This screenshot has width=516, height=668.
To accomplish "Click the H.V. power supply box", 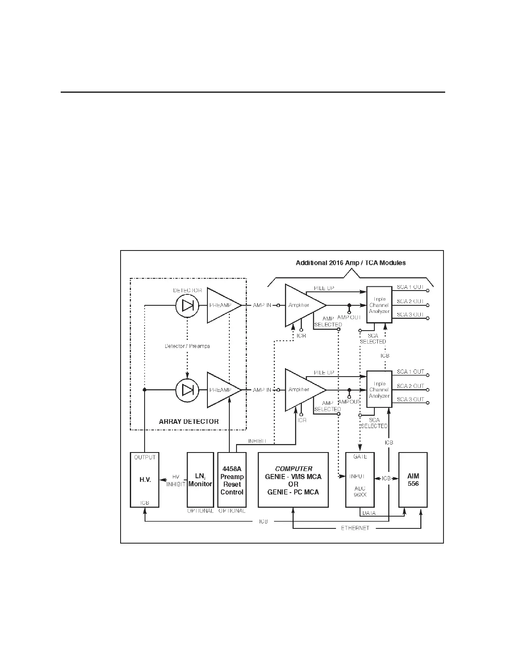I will (145, 480).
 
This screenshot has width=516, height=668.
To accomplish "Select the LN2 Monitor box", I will (200, 480).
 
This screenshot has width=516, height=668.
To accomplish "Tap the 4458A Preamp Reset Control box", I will (232, 480).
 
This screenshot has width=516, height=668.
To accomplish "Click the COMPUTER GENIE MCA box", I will (293, 480).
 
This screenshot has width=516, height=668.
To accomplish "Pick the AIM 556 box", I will (413, 480).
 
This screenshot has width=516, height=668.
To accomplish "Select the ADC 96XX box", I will (360, 480).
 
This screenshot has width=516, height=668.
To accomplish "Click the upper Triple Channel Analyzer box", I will (379, 305).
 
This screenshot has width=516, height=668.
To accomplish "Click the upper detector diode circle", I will (187, 305).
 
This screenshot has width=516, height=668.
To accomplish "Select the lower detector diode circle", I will (187, 390).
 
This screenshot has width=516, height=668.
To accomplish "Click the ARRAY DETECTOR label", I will (188, 421).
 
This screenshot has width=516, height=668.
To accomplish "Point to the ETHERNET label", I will (355, 528).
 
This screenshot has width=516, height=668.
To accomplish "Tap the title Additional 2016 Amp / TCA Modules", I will (351, 263).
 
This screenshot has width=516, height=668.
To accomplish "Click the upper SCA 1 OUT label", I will (410, 287).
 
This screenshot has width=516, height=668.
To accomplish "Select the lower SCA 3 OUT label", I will (410, 399).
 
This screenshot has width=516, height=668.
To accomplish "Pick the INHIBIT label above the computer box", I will (257, 441).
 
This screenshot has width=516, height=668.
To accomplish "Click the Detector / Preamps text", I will (187, 346).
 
